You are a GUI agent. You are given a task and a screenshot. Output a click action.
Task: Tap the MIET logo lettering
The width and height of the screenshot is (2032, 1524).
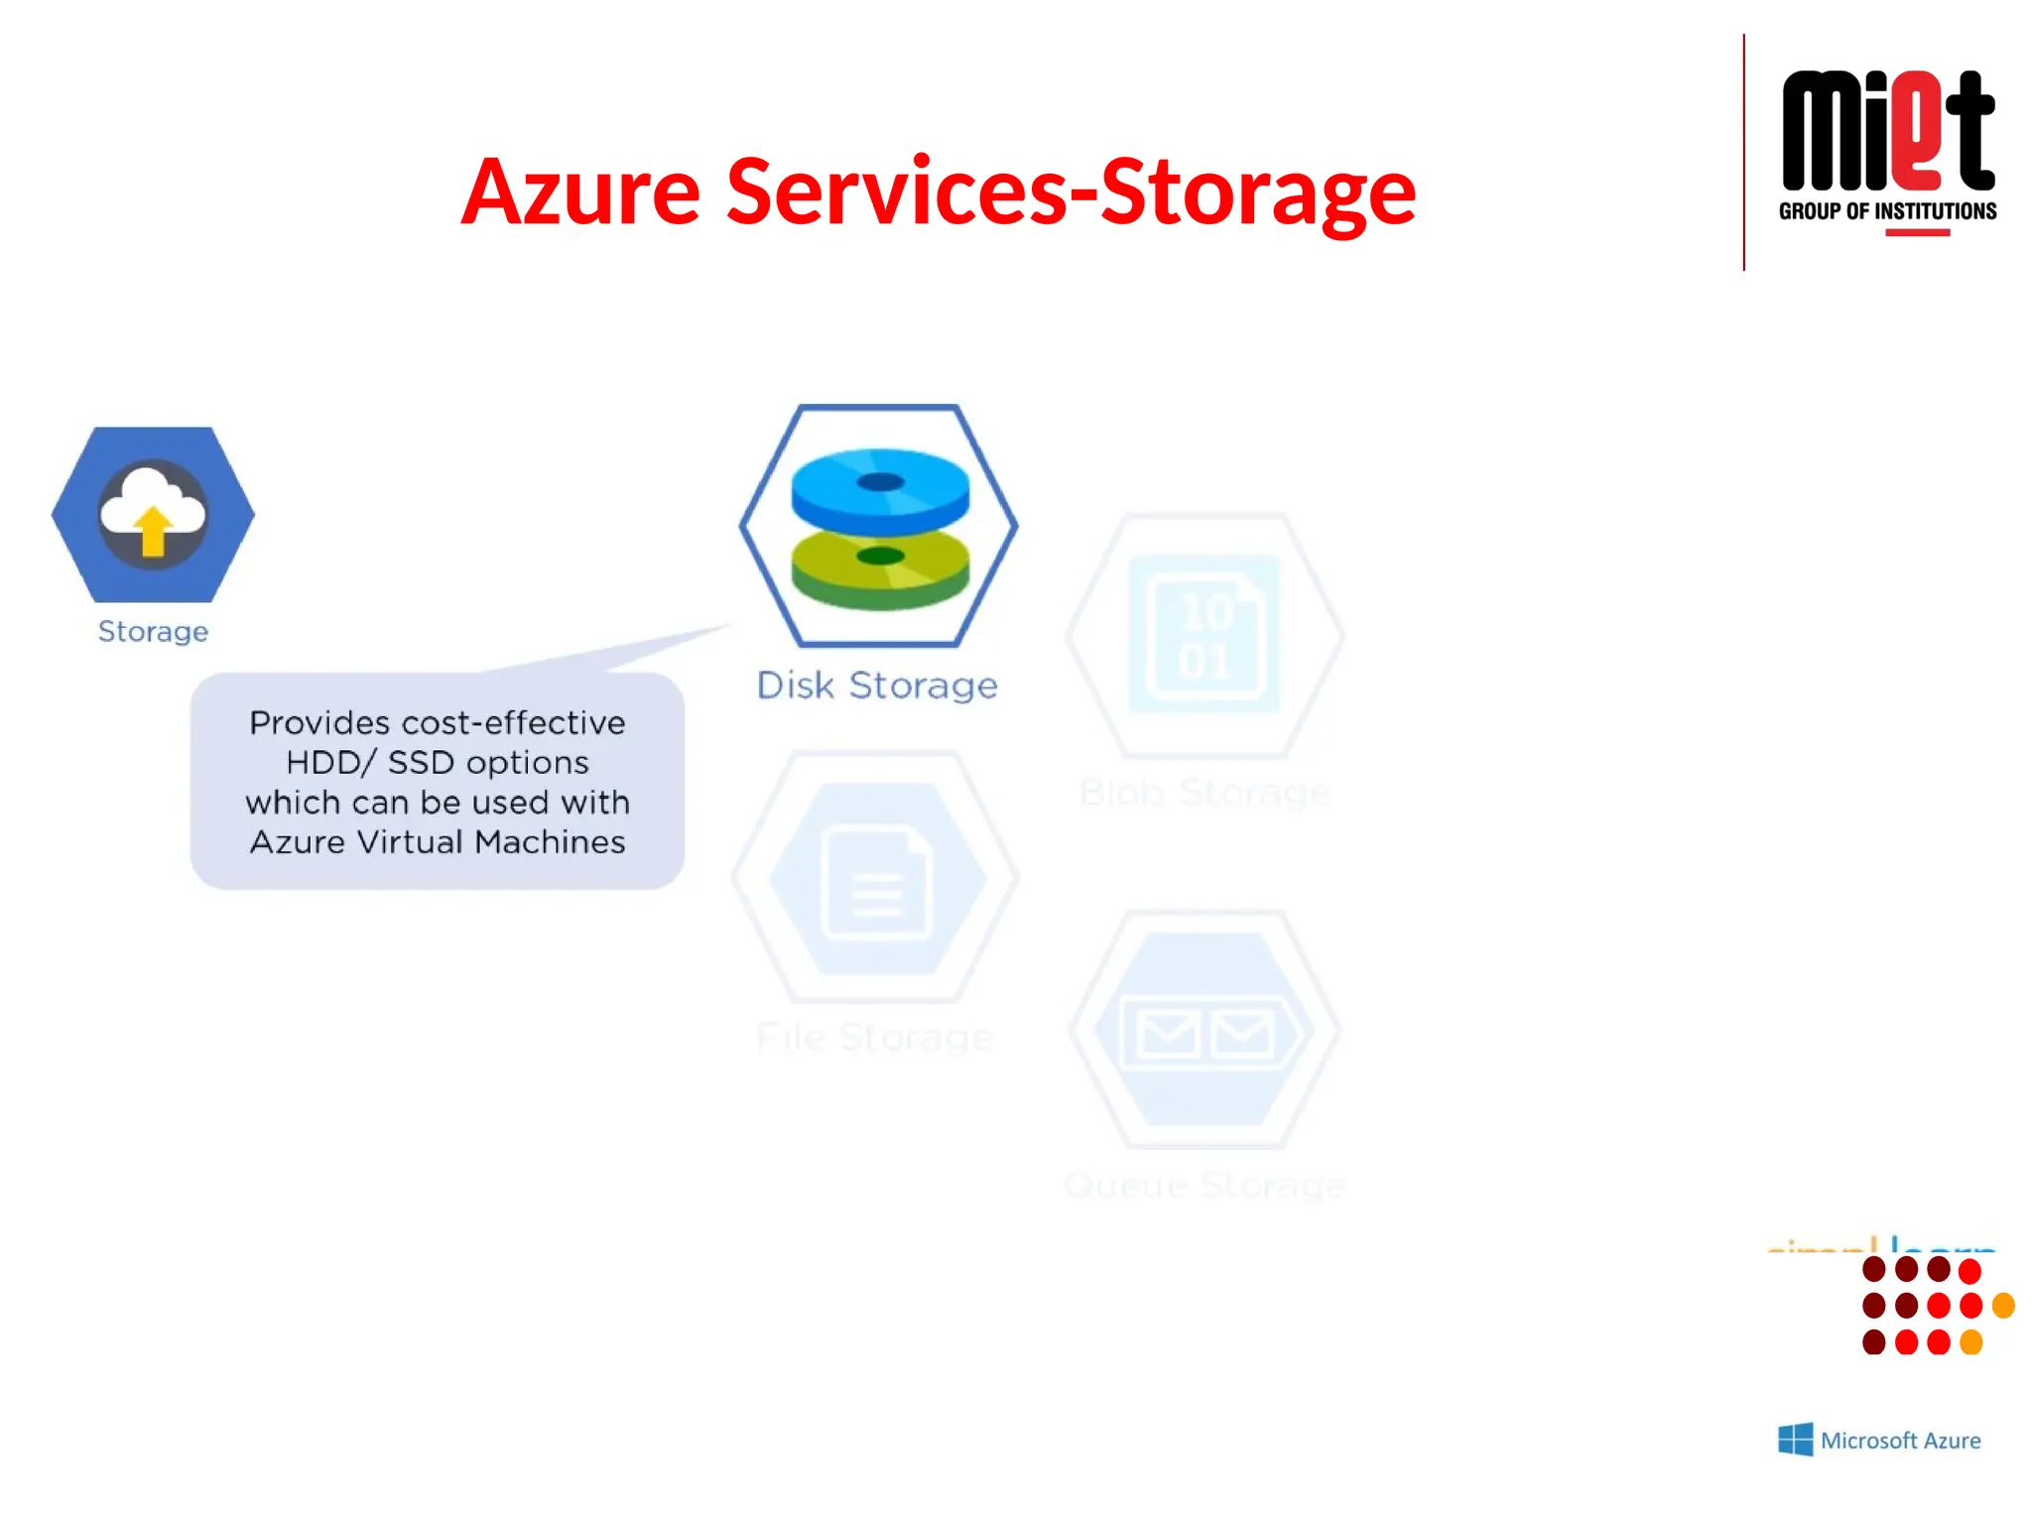pyautogui.click(x=1887, y=132)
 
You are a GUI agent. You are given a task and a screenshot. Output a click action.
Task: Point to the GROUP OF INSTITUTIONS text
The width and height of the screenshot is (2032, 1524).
pyautogui.click(x=1887, y=211)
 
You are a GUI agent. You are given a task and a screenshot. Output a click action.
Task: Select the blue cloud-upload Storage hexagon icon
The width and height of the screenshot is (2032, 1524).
pyautogui.click(x=153, y=514)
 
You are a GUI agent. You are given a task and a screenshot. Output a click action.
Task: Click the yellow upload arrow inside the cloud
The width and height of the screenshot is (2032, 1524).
pyautogui.click(x=153, y=531)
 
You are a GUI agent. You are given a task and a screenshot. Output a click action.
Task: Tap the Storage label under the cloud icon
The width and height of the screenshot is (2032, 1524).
pyautogui.click(x=153, y=632)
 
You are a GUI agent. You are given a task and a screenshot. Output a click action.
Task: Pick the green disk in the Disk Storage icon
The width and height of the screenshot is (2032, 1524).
pyautogui.click(x=880, y=569)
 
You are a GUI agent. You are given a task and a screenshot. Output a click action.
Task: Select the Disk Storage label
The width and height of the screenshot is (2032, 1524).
pyautogui.click(x=877, y=686)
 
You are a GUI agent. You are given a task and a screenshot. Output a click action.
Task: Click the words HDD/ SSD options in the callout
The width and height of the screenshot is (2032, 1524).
pyautogui.click(x=438, y=763)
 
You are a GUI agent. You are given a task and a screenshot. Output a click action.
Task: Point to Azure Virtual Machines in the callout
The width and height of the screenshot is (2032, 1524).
pyautogui.click(x=438, y=842)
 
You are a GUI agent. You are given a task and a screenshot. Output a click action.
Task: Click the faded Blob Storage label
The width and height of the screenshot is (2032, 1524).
pyautogui.click(x=1205, y=793)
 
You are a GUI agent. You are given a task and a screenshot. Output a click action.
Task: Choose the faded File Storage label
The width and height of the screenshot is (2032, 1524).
pyautogui.click(x=874, y=1038)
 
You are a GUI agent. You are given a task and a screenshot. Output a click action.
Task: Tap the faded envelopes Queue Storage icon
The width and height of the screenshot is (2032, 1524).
pyautogui.click(x=1205, y=1032)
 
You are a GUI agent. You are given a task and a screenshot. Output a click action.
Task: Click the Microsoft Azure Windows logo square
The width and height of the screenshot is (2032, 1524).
pyautogui.click(x=1795, y=1440)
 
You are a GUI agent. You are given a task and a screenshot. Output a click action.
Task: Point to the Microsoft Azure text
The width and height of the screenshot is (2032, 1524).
pyautogui.click(x=1900, y=1441)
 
